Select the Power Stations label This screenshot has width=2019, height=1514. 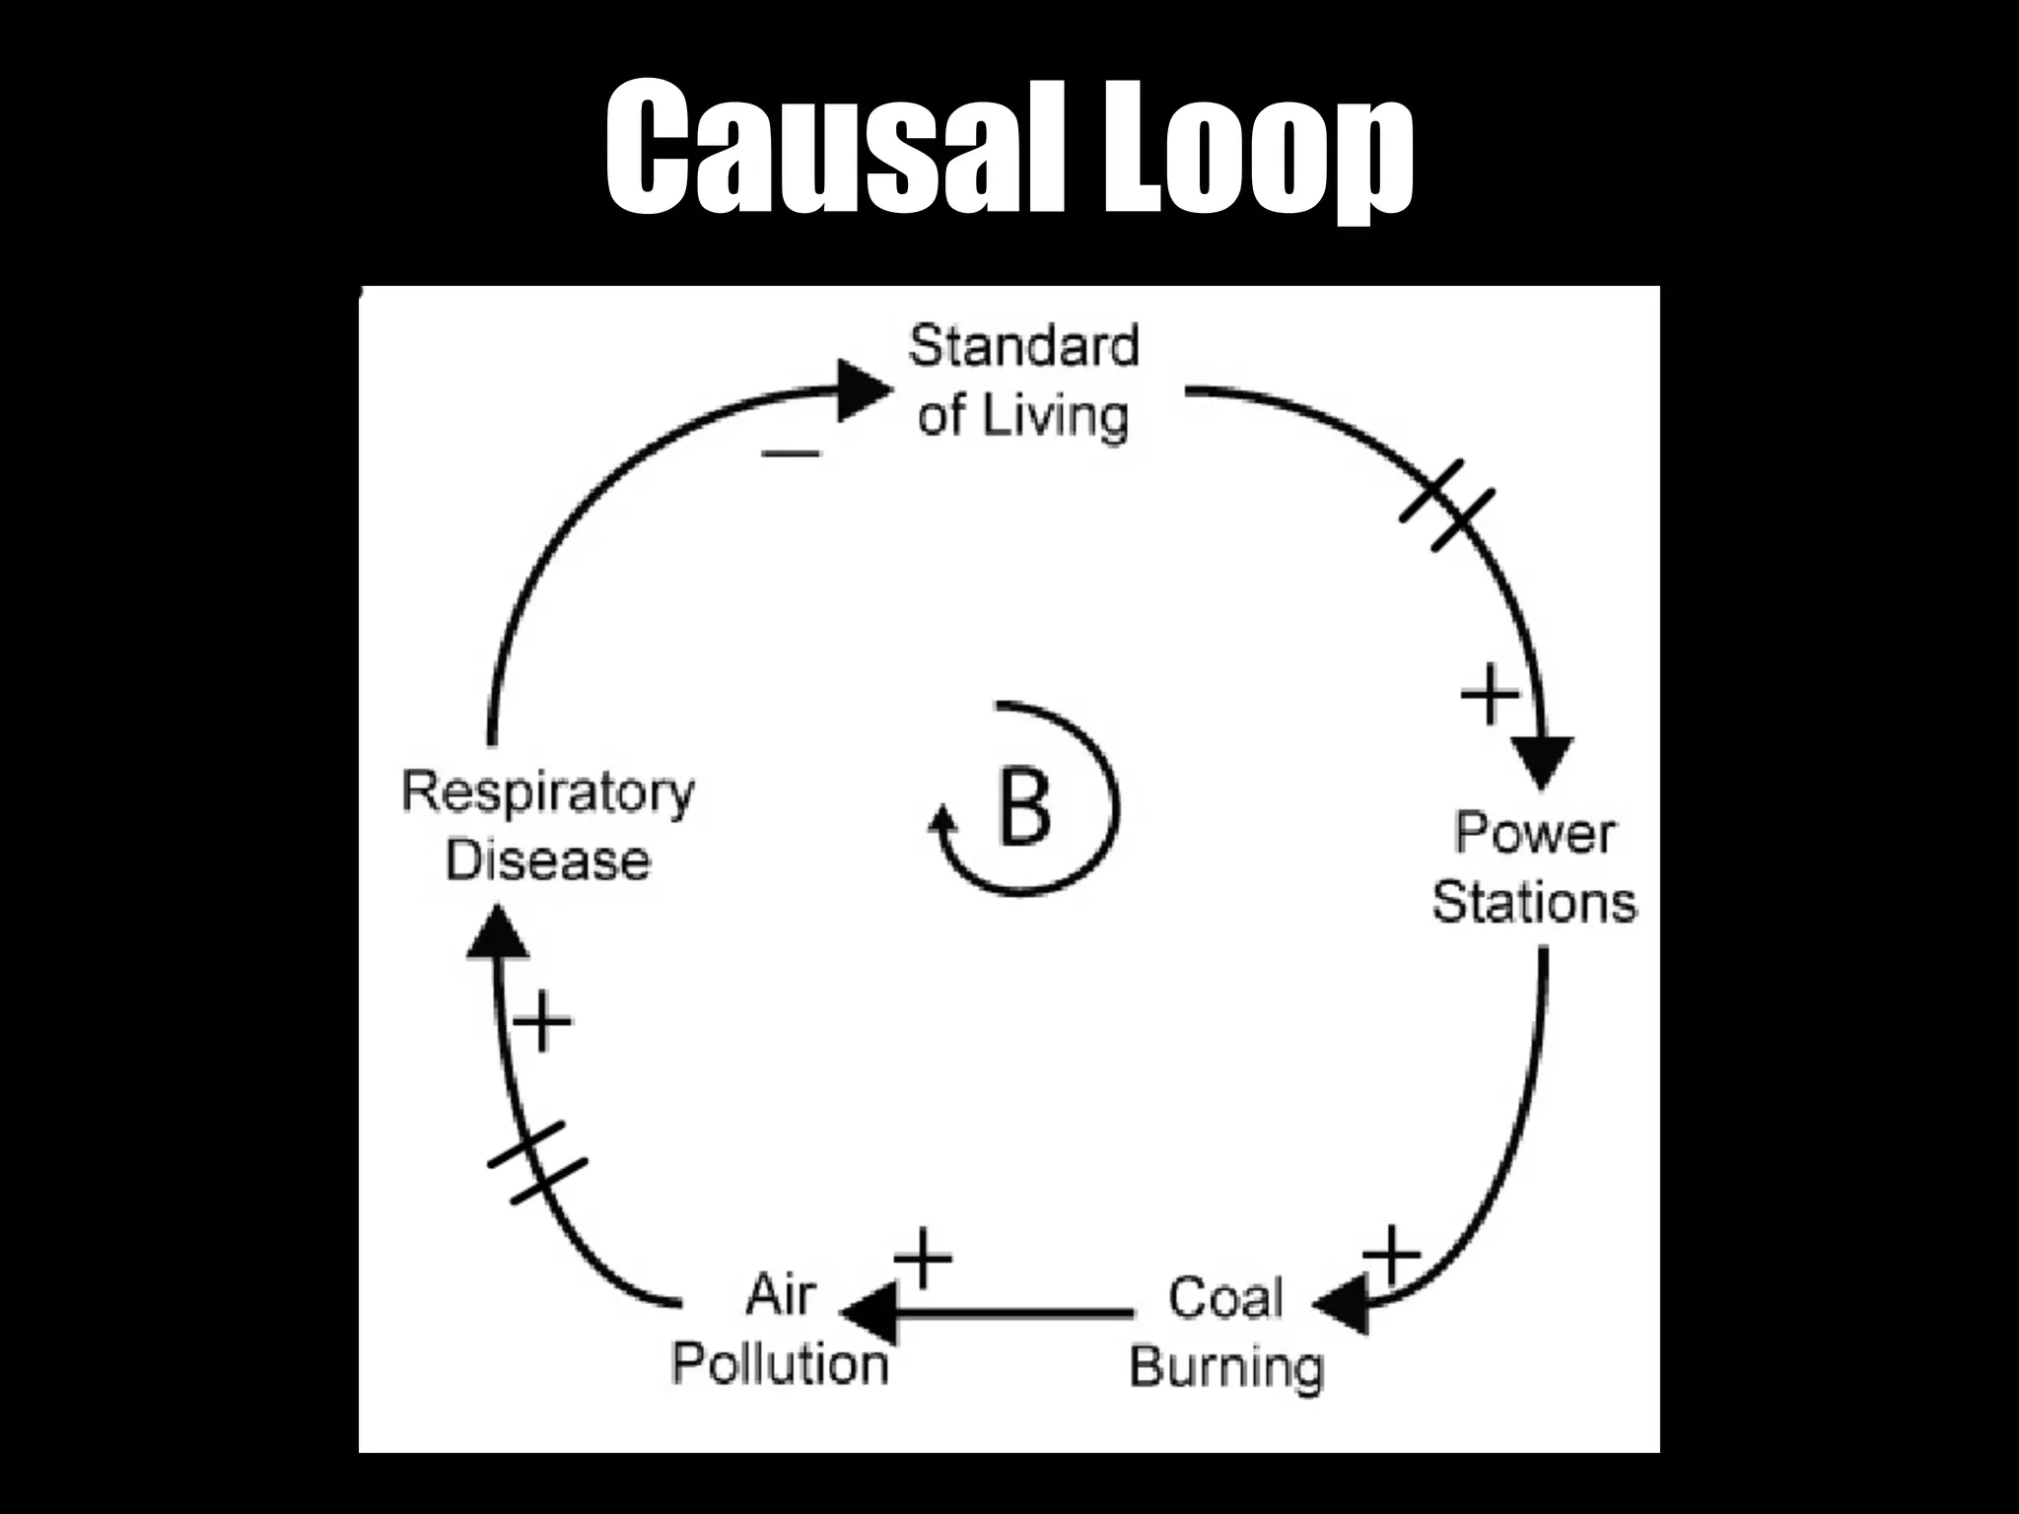[x=1534, y=867]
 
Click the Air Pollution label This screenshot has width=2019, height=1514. [x=780, y=1331]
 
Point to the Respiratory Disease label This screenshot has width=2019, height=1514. [x=548, y=826]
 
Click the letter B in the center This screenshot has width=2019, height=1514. [x=1024, y=806]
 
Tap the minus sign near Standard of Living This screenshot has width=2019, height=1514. [x=791, y=453]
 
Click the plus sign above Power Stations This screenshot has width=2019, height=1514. [x=1489, y=694]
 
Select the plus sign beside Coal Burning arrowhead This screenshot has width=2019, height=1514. [x=1391, y=1255]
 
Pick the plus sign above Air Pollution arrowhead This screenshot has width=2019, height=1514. [x=924, y=1258]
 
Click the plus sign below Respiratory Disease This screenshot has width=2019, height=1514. [x=542, y=1020]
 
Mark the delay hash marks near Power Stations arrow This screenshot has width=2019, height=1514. [x=1447, y=505]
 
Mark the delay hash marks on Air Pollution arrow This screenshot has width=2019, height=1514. [x=538, y=1162]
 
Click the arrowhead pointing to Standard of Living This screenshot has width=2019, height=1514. [x=864, y=390]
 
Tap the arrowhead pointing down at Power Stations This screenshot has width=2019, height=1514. [x=1542, y=761]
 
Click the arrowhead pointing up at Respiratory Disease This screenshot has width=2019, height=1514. [x=497, y=932]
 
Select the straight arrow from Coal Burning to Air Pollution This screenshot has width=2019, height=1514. [x=1006, y=1313]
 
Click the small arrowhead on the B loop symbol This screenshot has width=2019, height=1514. [x=943, y=821]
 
